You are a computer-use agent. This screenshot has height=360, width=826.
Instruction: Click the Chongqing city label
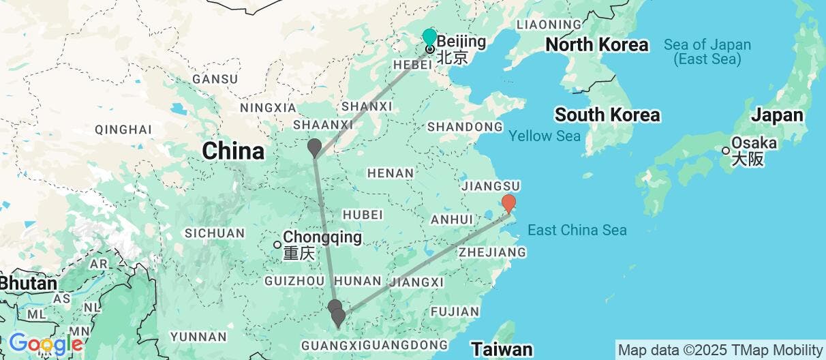pyautogui.click(x=322, y=238)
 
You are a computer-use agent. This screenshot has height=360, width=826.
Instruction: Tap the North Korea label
pyautogui.click(x=596, y=45)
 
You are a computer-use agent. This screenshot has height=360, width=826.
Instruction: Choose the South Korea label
pyautogui.click(x=607, y=115)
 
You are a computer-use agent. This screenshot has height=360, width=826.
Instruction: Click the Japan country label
pyautogui.click(x=777, y=115)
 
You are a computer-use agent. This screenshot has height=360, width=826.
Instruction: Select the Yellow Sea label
pyautogui.click(x=544, y=136)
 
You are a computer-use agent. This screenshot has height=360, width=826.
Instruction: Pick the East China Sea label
pyautogui.click(x=577, y=230)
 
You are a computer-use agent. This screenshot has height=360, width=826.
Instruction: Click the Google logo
pyautogui.click(x=45, y=344)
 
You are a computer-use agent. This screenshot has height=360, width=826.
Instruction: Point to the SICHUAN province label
pyautogui.click(x=215, y=233)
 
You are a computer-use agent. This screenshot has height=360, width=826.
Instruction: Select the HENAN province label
pyautogui.click(x=390, y=173)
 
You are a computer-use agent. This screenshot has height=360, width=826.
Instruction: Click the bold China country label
pyautogui.click(x=233, y=151)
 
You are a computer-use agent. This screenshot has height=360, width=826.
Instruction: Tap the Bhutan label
pyautogui.click(x=28, y=283)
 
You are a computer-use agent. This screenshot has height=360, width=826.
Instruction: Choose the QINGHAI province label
pyautogui.click(x=123, y=129)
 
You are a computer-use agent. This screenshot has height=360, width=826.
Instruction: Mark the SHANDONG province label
pyautogui.click(x=464, y=127)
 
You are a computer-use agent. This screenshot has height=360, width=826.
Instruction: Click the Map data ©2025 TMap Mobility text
pyautogui.click(x=720, y=350)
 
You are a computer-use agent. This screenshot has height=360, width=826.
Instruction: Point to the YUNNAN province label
pyautogui.click(x=198, y=336)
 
